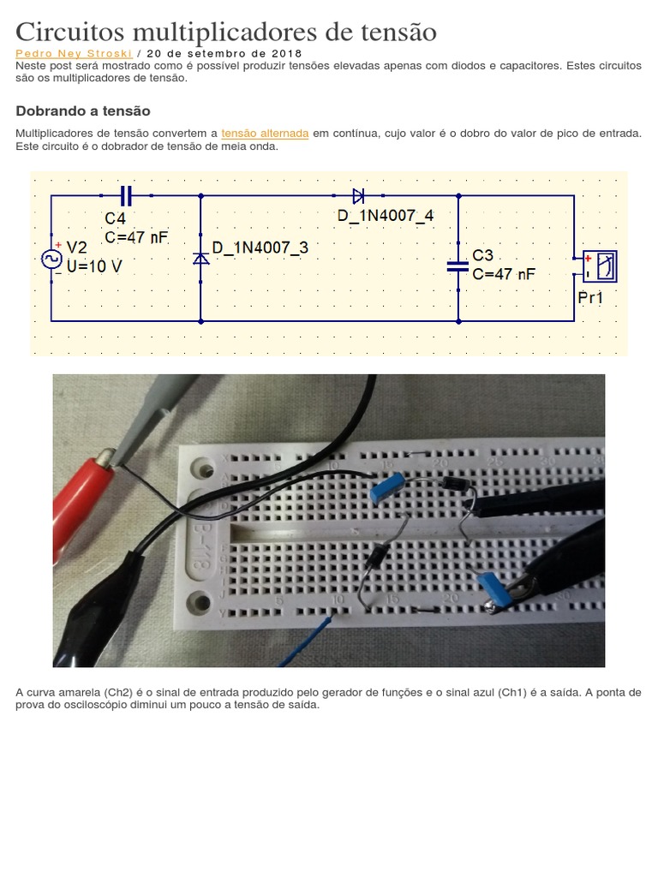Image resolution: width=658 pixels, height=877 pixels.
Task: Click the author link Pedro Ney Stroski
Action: point(74,54)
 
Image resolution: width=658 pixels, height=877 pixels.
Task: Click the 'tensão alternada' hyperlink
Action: point(265,134)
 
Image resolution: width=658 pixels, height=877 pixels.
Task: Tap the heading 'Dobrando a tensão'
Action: point(83,110)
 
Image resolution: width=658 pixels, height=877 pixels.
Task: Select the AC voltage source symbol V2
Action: point(51,259)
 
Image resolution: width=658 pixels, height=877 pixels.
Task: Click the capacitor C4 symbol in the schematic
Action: point(127,196)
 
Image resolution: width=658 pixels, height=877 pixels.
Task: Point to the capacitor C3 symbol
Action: point(458,267)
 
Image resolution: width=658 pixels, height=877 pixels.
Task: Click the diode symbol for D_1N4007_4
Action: point(358,196)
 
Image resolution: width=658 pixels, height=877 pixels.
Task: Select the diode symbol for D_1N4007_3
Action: point(200,259)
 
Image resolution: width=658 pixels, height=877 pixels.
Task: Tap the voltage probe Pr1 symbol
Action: point(599,266)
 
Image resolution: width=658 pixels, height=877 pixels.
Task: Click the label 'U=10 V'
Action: point(94,267)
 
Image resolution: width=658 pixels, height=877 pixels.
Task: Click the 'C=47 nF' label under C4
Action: point(136,238)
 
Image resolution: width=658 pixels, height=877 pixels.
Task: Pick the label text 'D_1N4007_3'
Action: point(260,248)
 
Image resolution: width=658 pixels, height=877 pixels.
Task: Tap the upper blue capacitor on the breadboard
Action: point(387,486)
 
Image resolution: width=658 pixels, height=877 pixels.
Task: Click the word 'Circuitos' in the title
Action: point(70,32)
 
